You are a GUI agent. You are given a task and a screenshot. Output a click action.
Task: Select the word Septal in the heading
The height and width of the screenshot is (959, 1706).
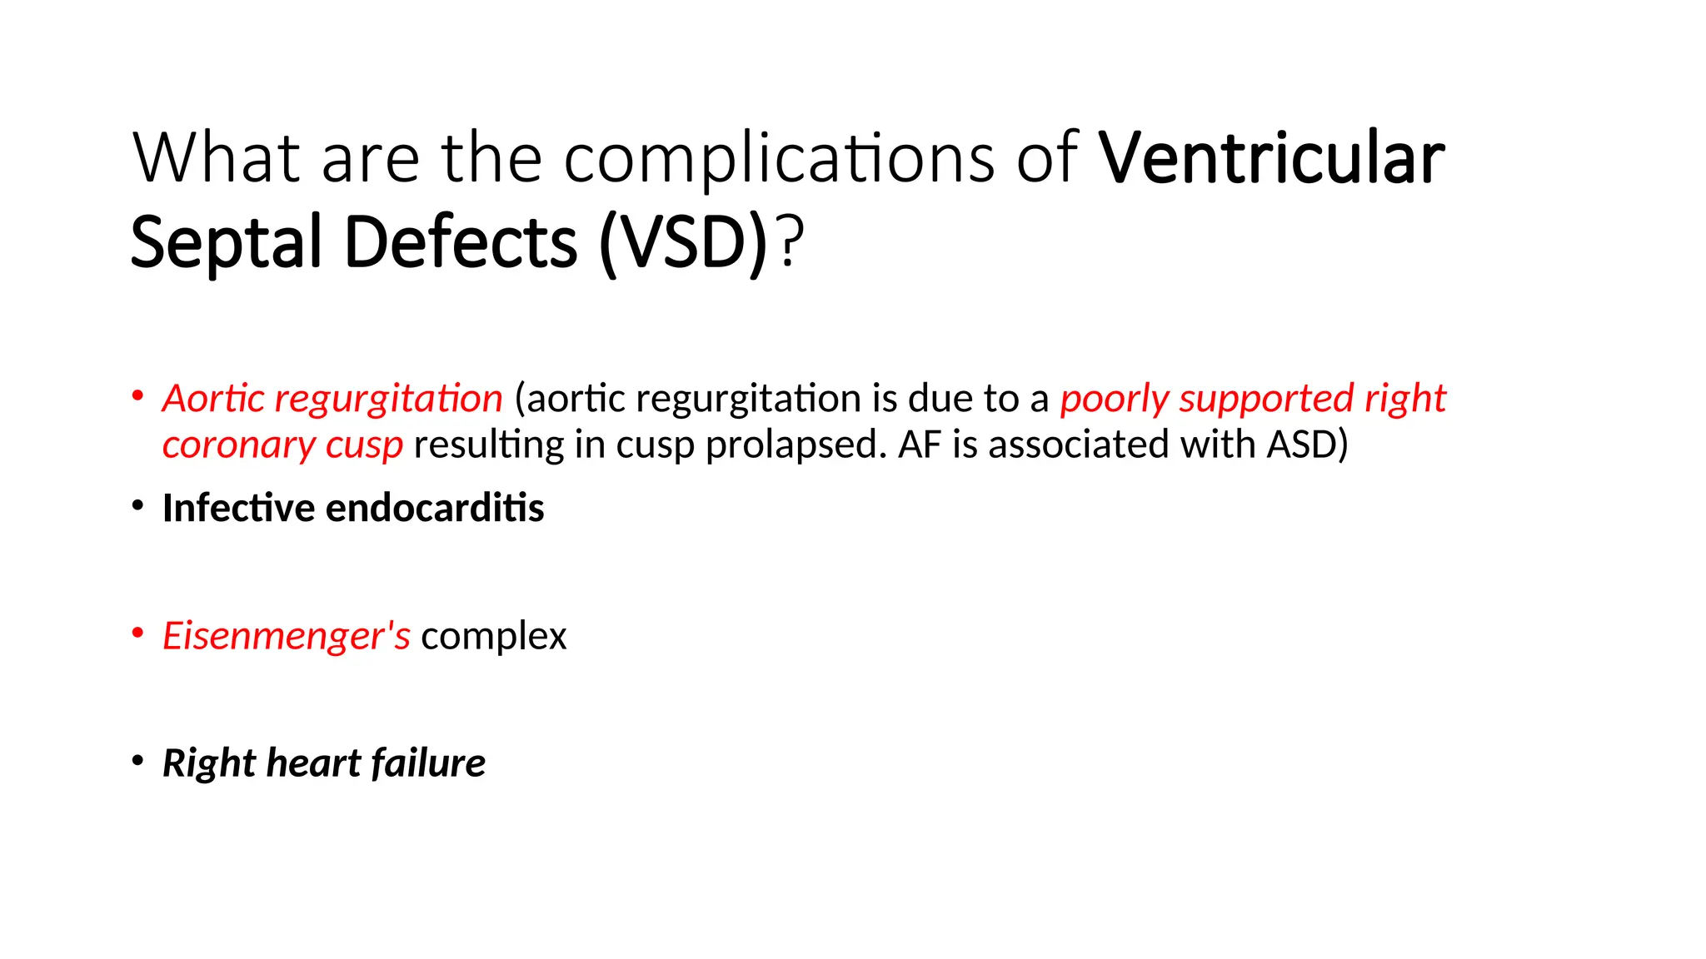point(226,243)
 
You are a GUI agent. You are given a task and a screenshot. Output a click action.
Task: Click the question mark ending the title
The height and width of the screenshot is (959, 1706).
point(791,243)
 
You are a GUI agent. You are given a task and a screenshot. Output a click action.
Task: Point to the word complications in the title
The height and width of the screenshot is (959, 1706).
point(779,160)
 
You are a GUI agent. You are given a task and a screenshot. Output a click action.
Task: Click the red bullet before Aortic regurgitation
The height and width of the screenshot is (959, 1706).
point(138,396)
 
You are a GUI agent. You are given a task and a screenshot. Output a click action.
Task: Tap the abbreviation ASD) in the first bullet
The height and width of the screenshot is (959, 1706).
point(1307,445)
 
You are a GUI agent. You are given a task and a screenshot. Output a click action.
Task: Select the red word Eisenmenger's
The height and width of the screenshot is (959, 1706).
point(286,636)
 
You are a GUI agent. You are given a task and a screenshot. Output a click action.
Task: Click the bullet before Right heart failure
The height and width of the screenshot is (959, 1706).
point(138,761)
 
